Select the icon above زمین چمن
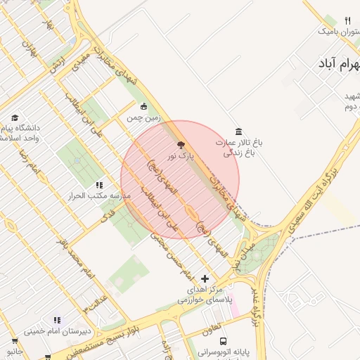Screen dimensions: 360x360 click(144, 107)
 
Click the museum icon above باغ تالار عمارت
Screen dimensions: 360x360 click(239, 131)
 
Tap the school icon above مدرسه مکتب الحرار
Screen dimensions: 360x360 click(99, 185)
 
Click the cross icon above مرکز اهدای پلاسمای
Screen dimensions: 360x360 click(205, 279)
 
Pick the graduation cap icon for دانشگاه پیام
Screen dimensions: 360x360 click(15, 117)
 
